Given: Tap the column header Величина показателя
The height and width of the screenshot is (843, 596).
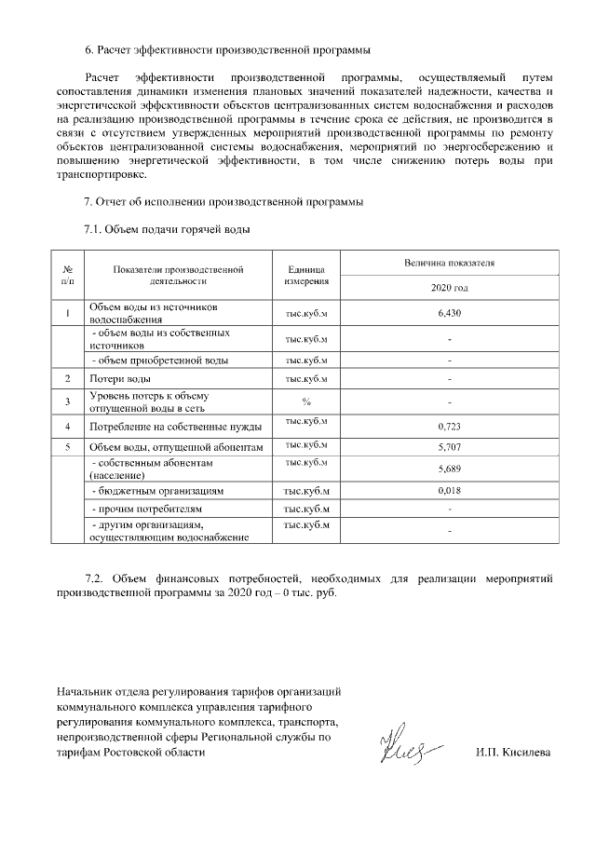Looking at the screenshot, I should [449, 264].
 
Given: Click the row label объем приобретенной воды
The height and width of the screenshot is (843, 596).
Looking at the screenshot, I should [158, 360].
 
